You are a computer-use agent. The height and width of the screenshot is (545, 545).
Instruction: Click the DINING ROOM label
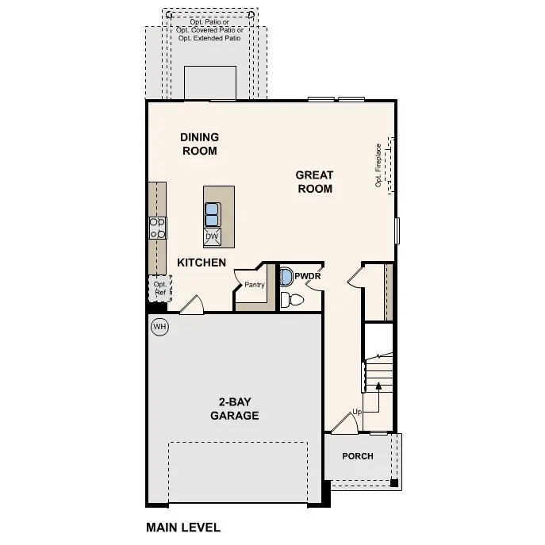click(199, 144)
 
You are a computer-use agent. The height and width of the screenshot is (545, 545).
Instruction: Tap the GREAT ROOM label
click(314, 182)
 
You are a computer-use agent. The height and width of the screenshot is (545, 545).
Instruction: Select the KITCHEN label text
click(201, 263)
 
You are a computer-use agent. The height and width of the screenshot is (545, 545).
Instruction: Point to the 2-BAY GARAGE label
click(234, 409)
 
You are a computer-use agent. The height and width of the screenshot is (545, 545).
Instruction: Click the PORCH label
click(357, 456)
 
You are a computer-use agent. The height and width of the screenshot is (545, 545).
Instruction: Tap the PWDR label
click(307, 276)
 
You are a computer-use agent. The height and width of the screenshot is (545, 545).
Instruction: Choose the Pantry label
click(254, 285)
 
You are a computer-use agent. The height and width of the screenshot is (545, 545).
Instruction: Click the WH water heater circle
click(159, 326)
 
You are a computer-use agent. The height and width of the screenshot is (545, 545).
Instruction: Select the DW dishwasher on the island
click(212, 236)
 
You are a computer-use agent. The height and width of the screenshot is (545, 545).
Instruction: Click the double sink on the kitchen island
click(213, 213)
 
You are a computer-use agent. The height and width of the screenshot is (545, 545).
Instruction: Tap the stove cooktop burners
click(157, 228)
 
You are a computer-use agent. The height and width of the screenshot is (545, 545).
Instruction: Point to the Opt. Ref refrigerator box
click(159, 288)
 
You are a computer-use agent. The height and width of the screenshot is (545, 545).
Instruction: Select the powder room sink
click(285, 277)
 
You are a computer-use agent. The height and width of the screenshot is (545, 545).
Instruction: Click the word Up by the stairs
click(357, 413)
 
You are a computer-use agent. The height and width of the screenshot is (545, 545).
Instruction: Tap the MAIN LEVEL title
click(183, 527)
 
